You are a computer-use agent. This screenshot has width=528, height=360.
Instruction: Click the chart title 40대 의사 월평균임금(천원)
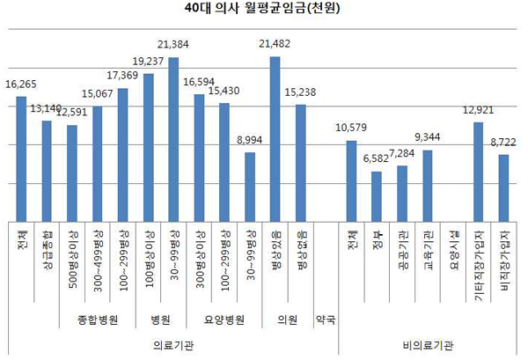pyautogui.click(x=264, y=11)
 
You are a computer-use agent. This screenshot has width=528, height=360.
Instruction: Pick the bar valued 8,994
pyautogui.click(x=250, y=187)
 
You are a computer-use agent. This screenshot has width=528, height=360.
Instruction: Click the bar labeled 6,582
pyautogui.click(x=377, y=196)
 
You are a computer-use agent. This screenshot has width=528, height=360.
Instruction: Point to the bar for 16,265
pyautogui.click(x=21, y=158)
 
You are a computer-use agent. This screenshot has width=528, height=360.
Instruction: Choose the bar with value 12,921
pyautogui.click(x=478, y=172)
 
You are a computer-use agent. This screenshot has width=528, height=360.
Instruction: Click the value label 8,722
pyautogui.click(x=504, y=143)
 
